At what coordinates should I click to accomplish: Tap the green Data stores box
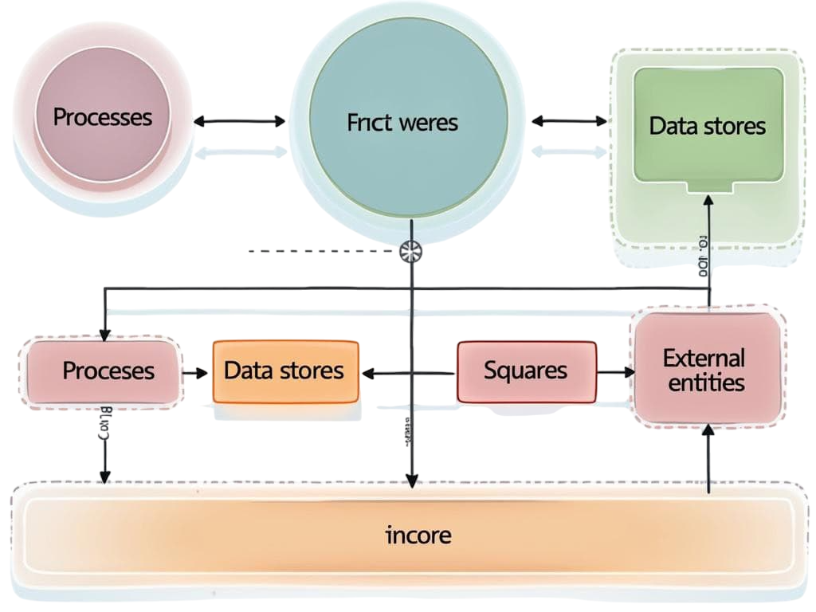pyautogui.click(x=707, y=126)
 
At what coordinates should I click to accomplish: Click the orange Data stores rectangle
pyautogui.click(x=285, y=371)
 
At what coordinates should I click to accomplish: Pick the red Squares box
pyautogui.click(x=526, y=371)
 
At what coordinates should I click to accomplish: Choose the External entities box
pyautogui.click(x=704, y=369)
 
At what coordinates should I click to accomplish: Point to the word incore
pyautogui.click(x=418, y=535)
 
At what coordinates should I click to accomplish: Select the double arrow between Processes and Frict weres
pyautogui.click(x=239, y=121)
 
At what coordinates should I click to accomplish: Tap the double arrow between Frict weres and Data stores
pyautogui.click(x=568, y=121)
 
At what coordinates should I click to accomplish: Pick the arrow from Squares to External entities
pyautogui.click(x=614, y=371)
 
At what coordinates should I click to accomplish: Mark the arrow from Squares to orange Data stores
pyautogui.click(x=409, y=372)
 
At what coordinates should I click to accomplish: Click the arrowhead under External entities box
pyautogui.click(x=708, y=430)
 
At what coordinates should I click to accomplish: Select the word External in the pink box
pyautogui.click(x=703, y=357)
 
